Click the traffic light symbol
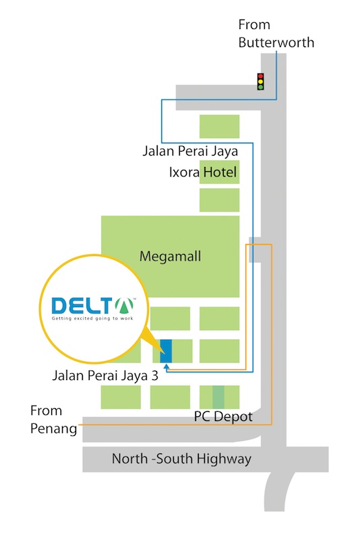pyautogui.click(x=260, y=82)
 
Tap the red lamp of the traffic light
pyautogui.click(x=260, y=76)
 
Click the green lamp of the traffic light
pyautogui.click(x=260, y=87)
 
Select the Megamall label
pyautogui.click(x=170, y=257)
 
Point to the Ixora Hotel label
pyautogui.click(x=202, y=172)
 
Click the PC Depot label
pyautogui.click(x=223, y=416)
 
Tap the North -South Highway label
pyautogui.click(x=181, y=459)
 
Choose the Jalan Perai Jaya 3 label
pyautogui.click(x=105, y=376)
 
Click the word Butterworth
pyautogui.click(x=276, y=42)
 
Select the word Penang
pyautogui.click(x=54, y=429)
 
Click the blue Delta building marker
pyautogui.click(x=166, y=350)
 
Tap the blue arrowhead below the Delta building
pyautogui.click(x=167, y=367)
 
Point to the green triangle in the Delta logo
pyautogui.click(x=124, y=305)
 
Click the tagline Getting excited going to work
pyautogui.click(x=92, y=319)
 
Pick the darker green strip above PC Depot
pyautogui.click(x=218, y=397)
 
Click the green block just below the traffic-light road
pyautogui.click(x=219, y=127)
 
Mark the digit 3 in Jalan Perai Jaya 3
pyautogui.click(x=155, y=376)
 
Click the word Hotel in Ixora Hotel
pyautogui.click(x=220, y=172)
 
